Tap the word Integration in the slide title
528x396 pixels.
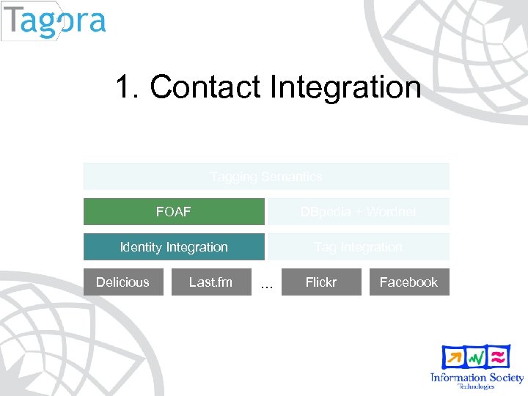pos(345,87)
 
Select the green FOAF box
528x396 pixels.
pos(174,211)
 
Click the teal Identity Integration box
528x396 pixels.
pos(174,247)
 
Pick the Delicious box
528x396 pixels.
pos(122,282)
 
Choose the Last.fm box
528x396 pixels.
pos(210,282)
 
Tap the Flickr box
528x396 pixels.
pos(320,282)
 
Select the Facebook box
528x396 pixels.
pos(408,282)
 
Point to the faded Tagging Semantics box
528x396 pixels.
pos(265,177)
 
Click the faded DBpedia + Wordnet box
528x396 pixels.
pos(358,211)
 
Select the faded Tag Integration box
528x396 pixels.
pos(358,247)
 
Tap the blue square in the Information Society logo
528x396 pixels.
pos(452,357)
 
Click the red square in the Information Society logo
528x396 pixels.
pos(499,356)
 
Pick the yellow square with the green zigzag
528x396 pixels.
pos(476,357)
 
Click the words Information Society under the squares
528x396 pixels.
pos(477,378)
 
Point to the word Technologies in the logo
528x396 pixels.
pos(477,386)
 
